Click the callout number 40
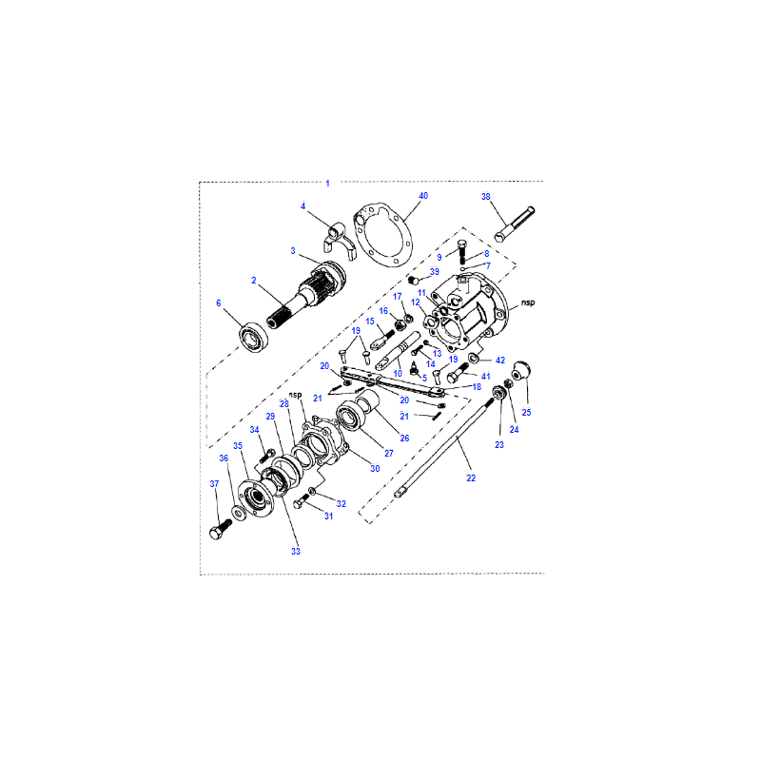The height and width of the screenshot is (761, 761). (x=423, y=196)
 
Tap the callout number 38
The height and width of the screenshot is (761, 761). (x=485, y=197)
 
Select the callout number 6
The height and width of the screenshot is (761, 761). (x=219, y=302)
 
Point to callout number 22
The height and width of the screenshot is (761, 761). (x=471, y=478)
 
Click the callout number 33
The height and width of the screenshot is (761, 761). (x=296, y=552)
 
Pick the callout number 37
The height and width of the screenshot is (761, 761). (x=214, y=484)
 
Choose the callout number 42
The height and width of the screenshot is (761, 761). (x=500, y=361)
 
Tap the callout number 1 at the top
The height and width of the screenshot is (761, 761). (x=327, y=184)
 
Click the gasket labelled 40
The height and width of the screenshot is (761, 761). (x=383, y=236)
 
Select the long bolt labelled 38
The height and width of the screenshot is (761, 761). (x=515, y=224)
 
